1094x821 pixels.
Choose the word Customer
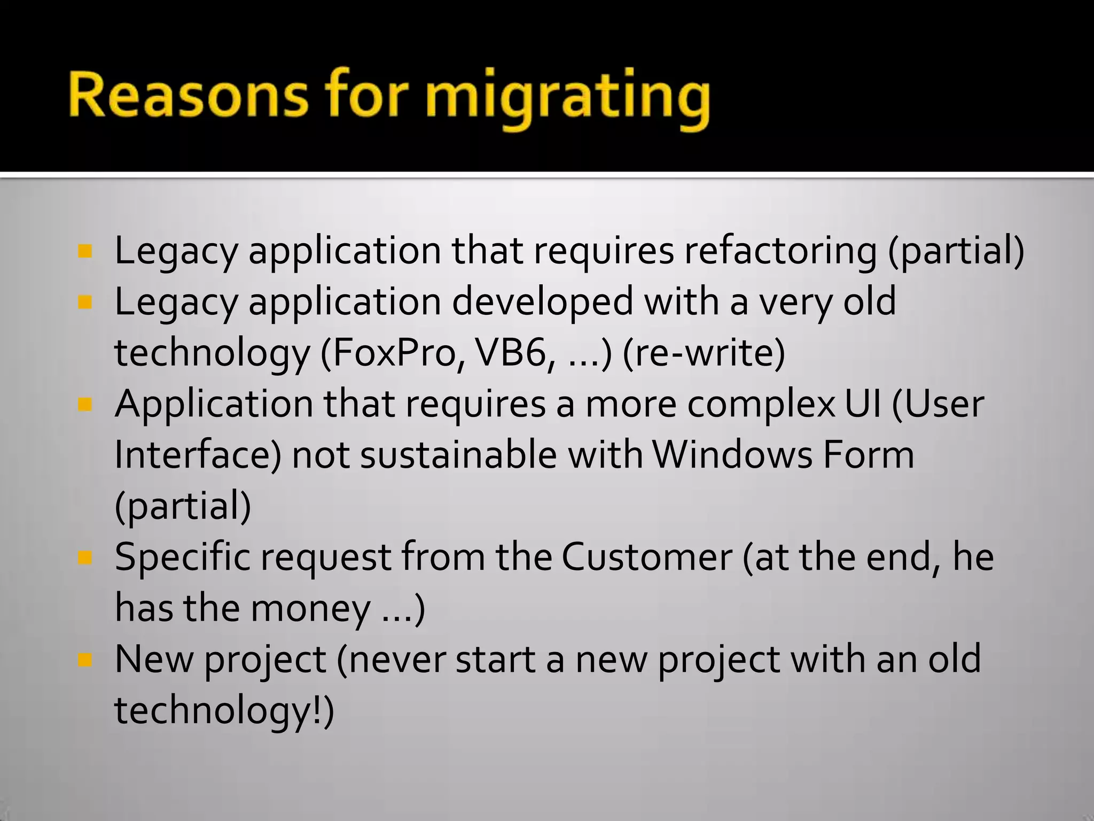pyautogui.click(x=646, y=557)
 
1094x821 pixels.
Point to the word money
pyautogui.click(x=310, y=608)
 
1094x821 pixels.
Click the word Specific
pyautogui.click(x=182, y=557)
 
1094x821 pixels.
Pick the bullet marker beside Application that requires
pyautogui.click(x=84, y=405)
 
